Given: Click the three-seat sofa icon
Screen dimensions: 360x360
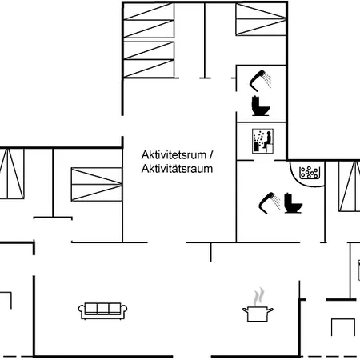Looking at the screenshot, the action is click(102, 310).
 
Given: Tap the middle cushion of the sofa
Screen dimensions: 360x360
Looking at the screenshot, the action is click(102, 308).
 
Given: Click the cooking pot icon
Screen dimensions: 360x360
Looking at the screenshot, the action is click(258, 314).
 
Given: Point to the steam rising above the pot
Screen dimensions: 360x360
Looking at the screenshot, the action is click(258, 296).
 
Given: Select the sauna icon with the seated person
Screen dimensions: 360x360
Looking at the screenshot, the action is click(263, 141).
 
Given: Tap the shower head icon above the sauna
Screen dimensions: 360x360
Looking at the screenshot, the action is click(261, 79).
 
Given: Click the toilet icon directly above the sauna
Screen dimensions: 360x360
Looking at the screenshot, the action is click(261, 106).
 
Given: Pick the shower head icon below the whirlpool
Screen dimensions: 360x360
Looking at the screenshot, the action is click(270, 202).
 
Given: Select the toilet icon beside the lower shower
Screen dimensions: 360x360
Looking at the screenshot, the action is click(293, 203).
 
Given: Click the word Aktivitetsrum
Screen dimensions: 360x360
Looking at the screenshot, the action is click(174, 155).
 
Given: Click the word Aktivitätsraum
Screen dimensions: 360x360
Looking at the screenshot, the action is click(177, 169).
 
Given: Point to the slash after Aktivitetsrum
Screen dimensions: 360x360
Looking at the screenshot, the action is click(211, 155).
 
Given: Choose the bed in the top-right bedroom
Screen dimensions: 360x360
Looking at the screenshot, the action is click(261, 19).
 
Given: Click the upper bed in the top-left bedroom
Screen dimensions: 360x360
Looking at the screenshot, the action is click(149, 20).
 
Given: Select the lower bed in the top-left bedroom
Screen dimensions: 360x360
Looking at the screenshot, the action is click(149, 59).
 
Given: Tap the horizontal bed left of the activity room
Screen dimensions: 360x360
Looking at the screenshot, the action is click(97, 184).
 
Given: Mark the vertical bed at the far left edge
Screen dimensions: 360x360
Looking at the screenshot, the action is click(12, 174).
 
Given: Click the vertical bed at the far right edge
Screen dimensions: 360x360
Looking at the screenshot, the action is click(350, 186).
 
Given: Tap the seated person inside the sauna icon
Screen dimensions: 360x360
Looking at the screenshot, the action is click(267, 140).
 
